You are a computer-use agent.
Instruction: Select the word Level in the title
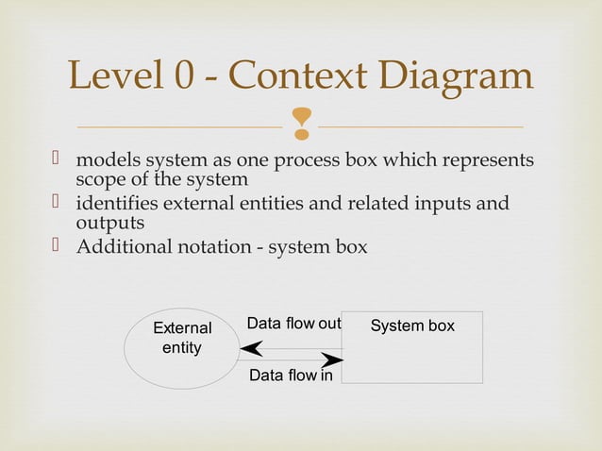pyautogui.click(x=110, y=78)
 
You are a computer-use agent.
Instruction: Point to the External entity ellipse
pyautogui.click(x=181, y=348)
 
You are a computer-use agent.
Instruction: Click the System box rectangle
pyautogui.click(x=412, y=347)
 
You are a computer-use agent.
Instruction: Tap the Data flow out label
pyautogui.click(x=293, y=325)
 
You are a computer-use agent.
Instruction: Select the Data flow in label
pyautogui.click(x=291, y=376)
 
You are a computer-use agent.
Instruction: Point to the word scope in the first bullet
pyautogui.click(x=100, y=178)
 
